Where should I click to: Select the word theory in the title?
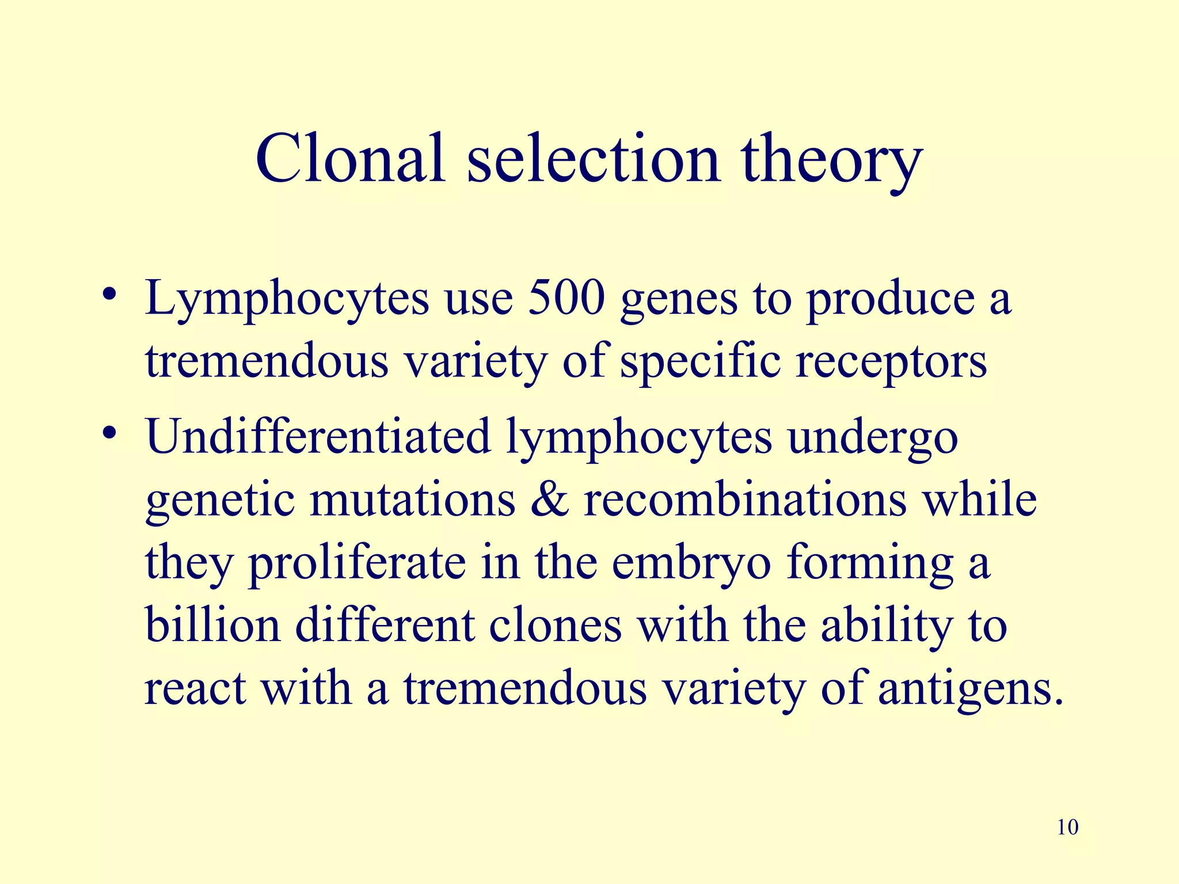[832, 161]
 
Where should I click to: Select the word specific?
[700, 363]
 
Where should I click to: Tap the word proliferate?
[357, 564]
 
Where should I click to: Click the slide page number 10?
[1068, 828]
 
